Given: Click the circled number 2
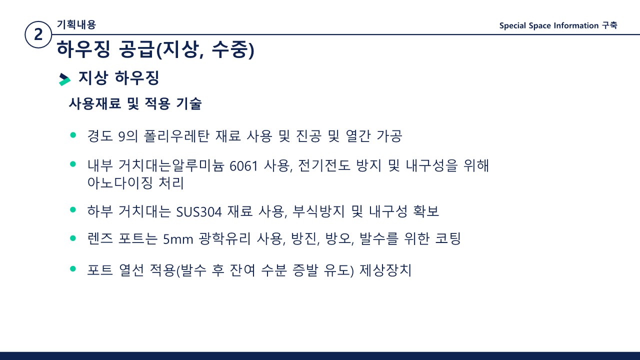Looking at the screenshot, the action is click(x=38, y=34).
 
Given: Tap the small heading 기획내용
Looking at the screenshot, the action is click(x=76, y=24).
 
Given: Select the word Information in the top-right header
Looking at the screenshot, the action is click(x=576, y=25).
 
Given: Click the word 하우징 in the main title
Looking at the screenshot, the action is click(x=83, y=49).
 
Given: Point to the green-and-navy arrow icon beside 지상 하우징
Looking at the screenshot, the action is click(x=64, y=79).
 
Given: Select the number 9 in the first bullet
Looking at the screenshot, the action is click(x=121, y=136).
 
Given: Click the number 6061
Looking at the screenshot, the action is click(x=243, y=166).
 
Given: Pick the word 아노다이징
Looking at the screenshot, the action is click(x=119, y=183).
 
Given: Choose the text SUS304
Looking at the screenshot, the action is click(x=199, y=212).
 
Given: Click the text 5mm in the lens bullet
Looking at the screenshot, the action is click(x=178, y=239).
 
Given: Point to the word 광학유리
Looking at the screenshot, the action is click(x=224, y=238).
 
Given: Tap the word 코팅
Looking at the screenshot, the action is click(x=447, y=238).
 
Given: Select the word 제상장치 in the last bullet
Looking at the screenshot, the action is click(x=385, y=270).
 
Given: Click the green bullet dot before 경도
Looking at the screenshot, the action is click(x=73, y=135).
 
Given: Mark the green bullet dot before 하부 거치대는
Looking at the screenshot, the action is click(x=73, y=209).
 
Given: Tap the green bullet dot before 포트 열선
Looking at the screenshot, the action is click(x=73, y=268).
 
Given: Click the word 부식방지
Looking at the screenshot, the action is click(x=319, y=211).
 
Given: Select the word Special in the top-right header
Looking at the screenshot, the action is click(x=512, y=25).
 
